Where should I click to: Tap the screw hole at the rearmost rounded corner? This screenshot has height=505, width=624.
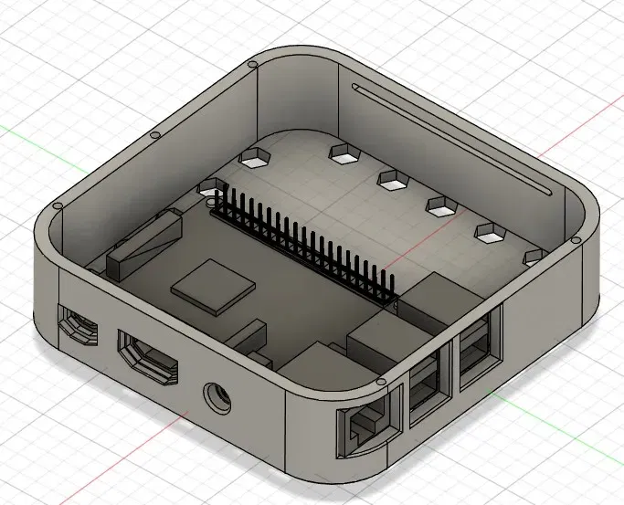[250, 66]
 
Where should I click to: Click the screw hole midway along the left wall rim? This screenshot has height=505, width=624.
[153, 135]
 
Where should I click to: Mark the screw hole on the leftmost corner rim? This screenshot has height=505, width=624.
[58, 207]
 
